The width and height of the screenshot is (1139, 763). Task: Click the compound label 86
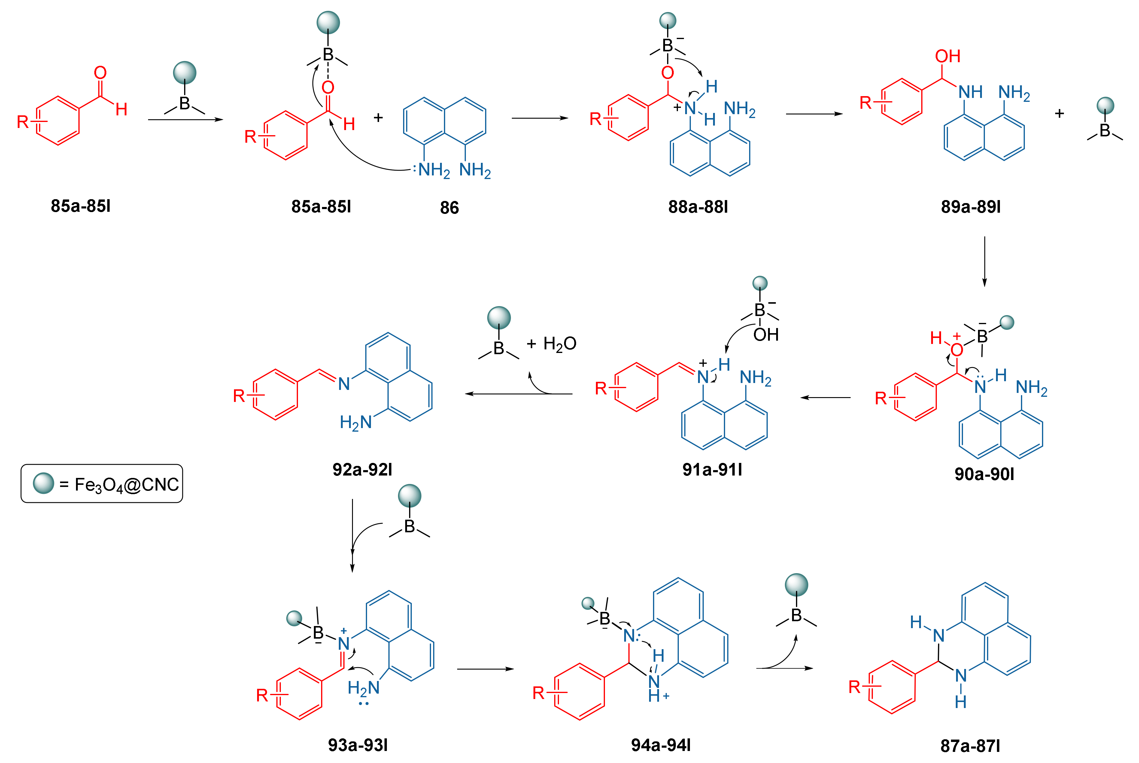coord(449,208)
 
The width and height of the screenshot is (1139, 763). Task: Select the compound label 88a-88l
coord(698,207)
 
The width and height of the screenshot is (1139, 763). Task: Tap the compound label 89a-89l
coord(971,207)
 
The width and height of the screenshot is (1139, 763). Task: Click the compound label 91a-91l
coord(712,470)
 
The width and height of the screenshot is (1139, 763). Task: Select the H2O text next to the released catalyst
coord(560,344)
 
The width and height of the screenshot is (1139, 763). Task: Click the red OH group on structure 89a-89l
coord(947,56)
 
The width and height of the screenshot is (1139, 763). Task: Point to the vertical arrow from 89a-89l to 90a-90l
coord(984,261)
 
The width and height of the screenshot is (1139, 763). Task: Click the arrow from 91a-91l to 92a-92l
coord(518,394)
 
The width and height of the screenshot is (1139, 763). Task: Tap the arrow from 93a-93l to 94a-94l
coord(485,669)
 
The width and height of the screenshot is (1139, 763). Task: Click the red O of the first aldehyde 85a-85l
coord(100,73)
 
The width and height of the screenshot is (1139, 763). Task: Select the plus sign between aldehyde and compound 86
coord(378,117)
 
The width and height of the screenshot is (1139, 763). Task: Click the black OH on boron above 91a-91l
coord(766,335)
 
